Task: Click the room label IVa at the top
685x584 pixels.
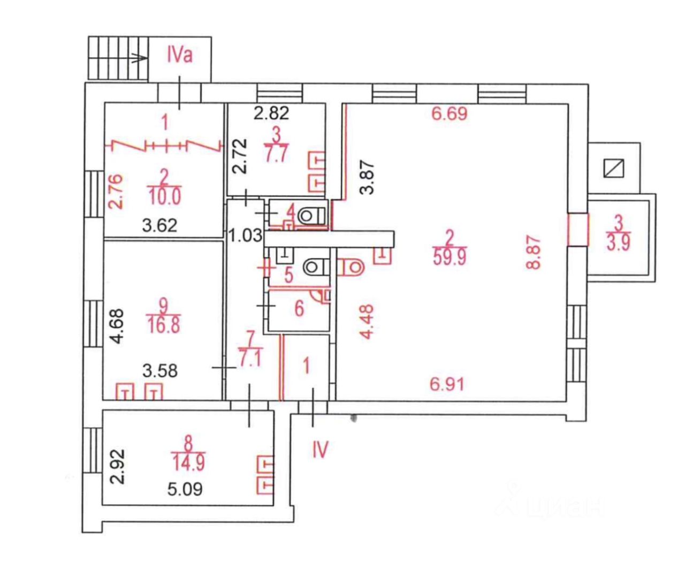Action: point(179,55)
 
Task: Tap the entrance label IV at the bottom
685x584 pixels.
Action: point(319,450)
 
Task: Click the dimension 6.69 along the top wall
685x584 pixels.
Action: point(450,114)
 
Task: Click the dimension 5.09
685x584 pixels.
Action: point(185,489)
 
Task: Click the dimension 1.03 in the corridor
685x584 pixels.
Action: point(245,236)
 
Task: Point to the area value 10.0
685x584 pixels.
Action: point(165,196)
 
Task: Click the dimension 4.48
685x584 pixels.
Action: point(366,322)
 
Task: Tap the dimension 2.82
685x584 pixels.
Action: point(271,113)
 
